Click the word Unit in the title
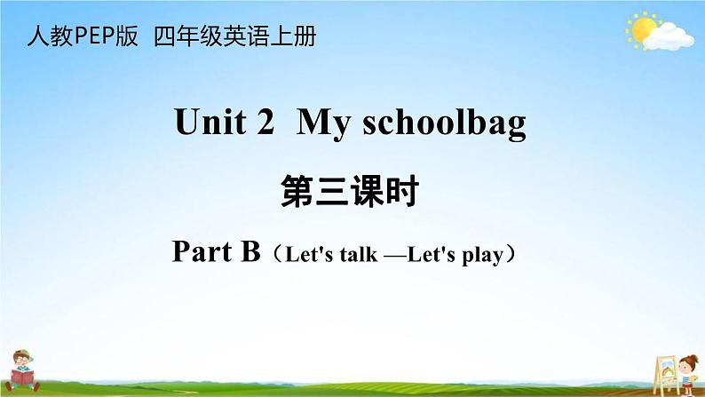[210, 122]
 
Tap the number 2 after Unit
[265, 122]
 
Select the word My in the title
[323, 123]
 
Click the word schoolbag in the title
[444, 123]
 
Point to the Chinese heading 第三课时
[350, 192]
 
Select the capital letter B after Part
[250, 251]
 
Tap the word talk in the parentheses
[359, 255]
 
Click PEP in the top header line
[94, 36]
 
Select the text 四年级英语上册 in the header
[234, 36]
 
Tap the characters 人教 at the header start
[51, 36]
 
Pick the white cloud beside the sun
[669, 37]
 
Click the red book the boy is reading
[22, 377]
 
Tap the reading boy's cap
[22, 353]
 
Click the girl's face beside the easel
[688, 365]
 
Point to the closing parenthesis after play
[511, 255]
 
